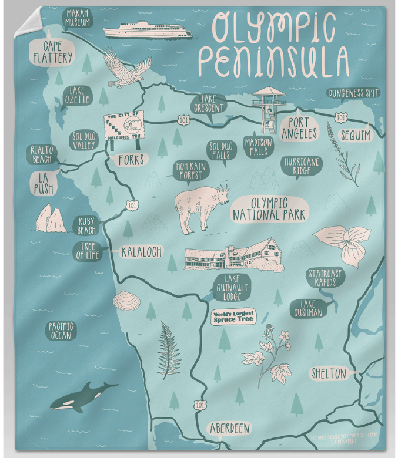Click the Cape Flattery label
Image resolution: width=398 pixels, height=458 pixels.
tap(52, 52)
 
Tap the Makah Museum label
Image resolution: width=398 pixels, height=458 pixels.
tap(78, 18)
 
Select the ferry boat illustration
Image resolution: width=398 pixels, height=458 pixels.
tap(147, 30)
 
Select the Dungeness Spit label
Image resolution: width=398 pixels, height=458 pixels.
tap(353, 93)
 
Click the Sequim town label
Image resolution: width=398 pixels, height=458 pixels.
tap(356, 136)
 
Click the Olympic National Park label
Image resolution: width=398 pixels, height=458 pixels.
tap(270, 209)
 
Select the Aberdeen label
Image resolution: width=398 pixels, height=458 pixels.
tap(230, 428)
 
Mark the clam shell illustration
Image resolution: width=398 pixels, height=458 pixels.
tap(126, 301)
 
